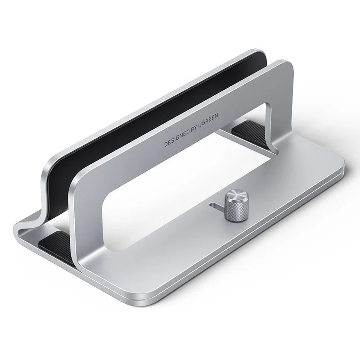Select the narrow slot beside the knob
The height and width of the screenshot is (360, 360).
click(x=216, y=206)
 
